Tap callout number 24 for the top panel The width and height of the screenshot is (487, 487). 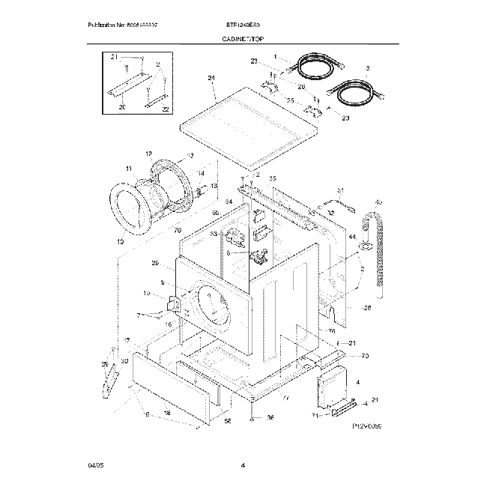(211, 79)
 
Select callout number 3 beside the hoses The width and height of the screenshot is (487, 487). (368, 67)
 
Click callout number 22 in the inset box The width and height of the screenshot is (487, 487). (166, 109)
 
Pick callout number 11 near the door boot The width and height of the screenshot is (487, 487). (129, 169)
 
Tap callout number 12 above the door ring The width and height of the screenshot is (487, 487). (148, 153)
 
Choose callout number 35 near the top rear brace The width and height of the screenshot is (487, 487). (273, 178)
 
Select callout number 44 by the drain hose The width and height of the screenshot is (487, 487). (351, 237)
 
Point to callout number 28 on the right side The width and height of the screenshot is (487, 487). (367, 308)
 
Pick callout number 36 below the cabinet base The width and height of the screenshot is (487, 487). (271, 417)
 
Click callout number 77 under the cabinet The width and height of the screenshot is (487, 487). (285, 397)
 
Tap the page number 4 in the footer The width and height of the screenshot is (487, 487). (243, 466)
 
